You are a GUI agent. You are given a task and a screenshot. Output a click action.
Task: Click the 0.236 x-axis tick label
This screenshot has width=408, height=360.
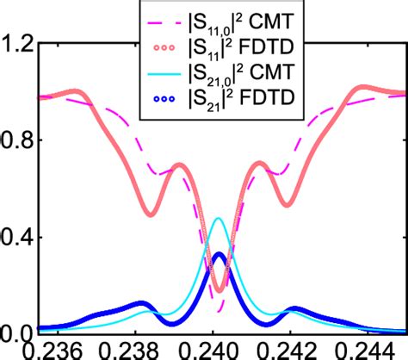(x=51, y=351)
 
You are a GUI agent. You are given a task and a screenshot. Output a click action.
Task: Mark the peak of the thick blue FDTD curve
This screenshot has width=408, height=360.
(x=219, y=255)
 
